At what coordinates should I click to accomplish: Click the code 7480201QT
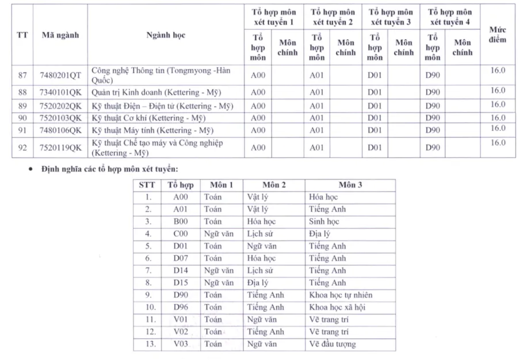click(60, 75)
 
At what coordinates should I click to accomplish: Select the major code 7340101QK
click(60, 92)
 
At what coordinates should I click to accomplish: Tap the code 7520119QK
click(60, 148)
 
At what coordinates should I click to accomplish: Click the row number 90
click(22, 118)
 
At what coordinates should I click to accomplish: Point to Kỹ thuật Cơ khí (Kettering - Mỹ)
click(148, 118)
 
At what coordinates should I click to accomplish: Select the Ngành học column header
click(166, 35)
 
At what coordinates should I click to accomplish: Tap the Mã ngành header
click(60, 35)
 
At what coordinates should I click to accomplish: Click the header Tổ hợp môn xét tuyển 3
click(391, 17)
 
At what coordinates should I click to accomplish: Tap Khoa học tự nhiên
click(337, 295)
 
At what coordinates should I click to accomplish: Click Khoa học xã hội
click(337, 308)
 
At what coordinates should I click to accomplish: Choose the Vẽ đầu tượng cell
click(332, 344)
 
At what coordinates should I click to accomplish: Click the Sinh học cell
click(324, 221)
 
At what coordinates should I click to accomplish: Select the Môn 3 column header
click(350, 185)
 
